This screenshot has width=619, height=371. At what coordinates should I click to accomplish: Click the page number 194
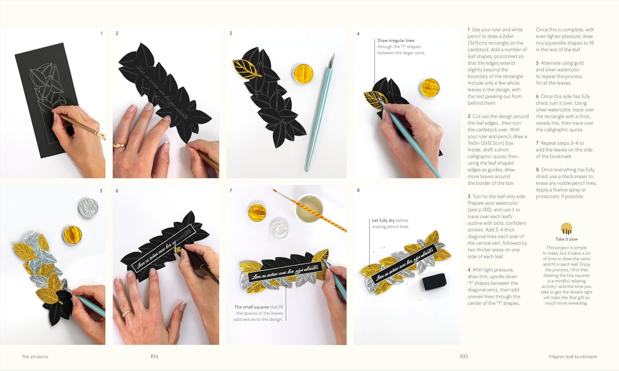click(154, 356)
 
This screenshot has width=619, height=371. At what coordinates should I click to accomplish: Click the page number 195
click(464, 356)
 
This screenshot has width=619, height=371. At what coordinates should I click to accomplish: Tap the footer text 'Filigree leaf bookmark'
click(573, 357)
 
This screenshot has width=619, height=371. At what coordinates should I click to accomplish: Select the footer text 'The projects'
click(35, 357)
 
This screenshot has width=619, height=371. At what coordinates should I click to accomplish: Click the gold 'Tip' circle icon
click(567, 230)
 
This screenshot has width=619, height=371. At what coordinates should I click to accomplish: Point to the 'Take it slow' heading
click(566, 239)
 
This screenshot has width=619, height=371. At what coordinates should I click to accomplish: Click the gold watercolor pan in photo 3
click(303, 73)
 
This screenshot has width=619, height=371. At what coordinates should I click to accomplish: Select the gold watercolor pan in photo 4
click(429, 88)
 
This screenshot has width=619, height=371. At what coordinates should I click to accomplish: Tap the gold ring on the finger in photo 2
click(118, 145)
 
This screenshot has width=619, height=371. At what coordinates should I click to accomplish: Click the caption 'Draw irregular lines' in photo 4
click(396, 40)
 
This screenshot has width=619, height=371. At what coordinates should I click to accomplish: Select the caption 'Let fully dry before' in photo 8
click(390, 221)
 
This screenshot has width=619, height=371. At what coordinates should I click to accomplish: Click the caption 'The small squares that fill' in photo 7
click(258, 307)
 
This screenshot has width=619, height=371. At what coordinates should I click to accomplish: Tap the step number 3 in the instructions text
click(469, 197)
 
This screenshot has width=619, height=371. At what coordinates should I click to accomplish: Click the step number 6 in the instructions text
click(537, 96)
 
